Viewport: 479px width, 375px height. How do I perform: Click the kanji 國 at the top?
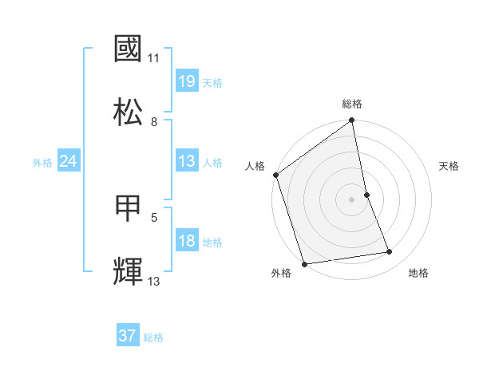click(128, 49)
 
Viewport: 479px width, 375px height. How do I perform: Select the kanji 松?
click(128, 111)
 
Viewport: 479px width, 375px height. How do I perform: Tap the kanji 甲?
click(128, 208)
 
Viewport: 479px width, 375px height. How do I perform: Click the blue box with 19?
click(186, 81)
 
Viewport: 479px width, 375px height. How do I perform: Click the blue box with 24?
click(68, 162)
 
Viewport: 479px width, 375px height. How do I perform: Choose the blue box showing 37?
click(128, 336)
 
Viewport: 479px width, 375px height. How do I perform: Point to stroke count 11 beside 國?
click(154, 58)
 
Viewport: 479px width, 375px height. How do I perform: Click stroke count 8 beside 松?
click(154, 121)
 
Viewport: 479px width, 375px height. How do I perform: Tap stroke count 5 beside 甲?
click(154, 216)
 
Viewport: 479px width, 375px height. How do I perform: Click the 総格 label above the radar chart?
click(352, 104)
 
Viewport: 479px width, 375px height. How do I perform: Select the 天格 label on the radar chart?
click(449, 166)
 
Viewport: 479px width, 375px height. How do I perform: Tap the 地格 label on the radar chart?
click(418, 273)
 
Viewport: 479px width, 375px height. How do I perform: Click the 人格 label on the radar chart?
click(255, 166)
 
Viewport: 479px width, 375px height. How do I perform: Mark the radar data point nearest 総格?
click(352, 121)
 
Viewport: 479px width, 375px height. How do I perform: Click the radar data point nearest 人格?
click(275, 175)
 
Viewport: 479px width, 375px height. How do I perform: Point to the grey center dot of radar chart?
click(352, 199)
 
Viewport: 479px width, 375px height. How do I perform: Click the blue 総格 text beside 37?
click(153, 337)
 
